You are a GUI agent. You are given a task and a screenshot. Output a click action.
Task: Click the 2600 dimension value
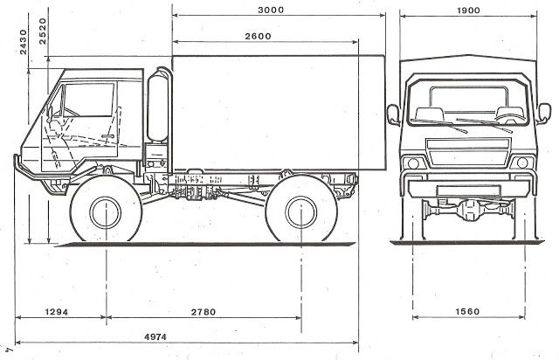[259, 36]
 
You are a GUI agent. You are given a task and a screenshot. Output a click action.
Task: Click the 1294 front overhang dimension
[59, 312]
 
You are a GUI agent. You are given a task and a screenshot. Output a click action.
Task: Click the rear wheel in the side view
[300, 211]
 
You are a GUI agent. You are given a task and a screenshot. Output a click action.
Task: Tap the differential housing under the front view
[469, 209]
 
